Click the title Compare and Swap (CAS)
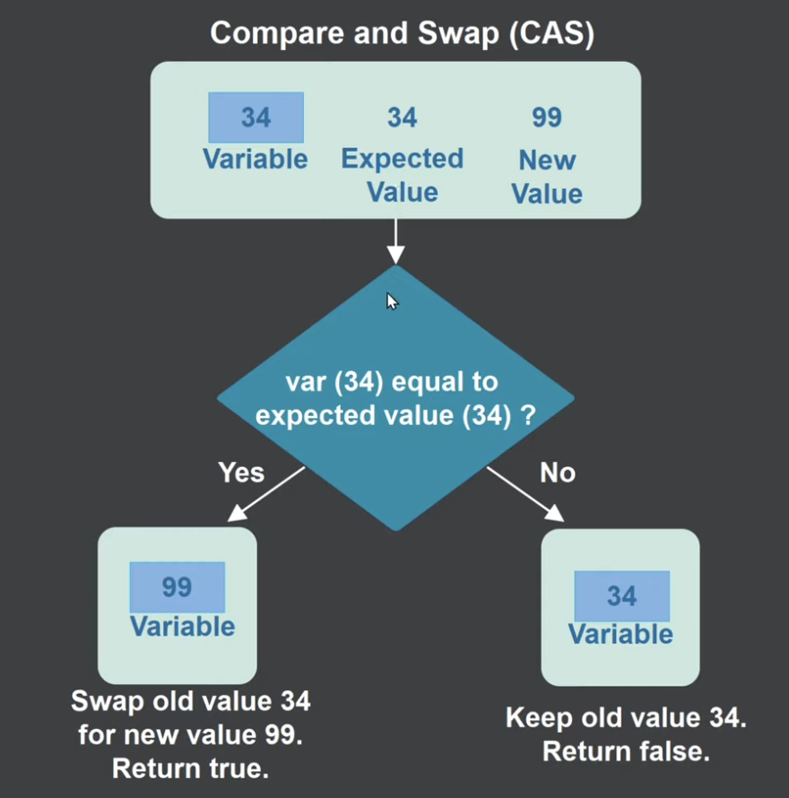pyautogui.click(x=403, y=34)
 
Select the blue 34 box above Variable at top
pyautogui.click(x=256, y=117)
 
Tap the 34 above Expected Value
pyautogui.click(x=403, y=117)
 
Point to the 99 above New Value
pyautogui.click(x=547, y=117)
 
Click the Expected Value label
pyautogui.click(x=403, y=176)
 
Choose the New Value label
pyautogui.click(x=547, y=178)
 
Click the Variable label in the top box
pyautogui.click(x=256, y=160)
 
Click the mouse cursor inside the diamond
pyautogui.click(x=392, y=301)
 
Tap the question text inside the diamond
pyautogui.click(x=395, y=399)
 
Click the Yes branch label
pyautogui.click(x=241, y=472)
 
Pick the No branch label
pyautogui.click(x=558, y=472)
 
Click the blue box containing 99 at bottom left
pyautogui.click(x=178, y=587)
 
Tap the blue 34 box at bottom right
pyautogui.click(x=621, y=596)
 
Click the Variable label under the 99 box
pyautogui.click(x=183, y=626)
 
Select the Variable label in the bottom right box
pyautogui.click(x=620, y=635)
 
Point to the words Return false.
pyautogui.click(x=626, y=750)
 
